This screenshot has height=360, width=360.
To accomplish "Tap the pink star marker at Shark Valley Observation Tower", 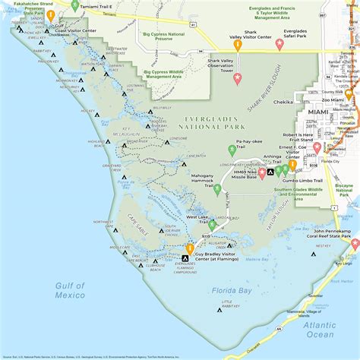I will point(237,78).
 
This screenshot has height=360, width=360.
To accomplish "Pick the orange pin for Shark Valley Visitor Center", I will point(238,45).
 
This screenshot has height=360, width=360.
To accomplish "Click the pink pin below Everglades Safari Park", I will point(279,44).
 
